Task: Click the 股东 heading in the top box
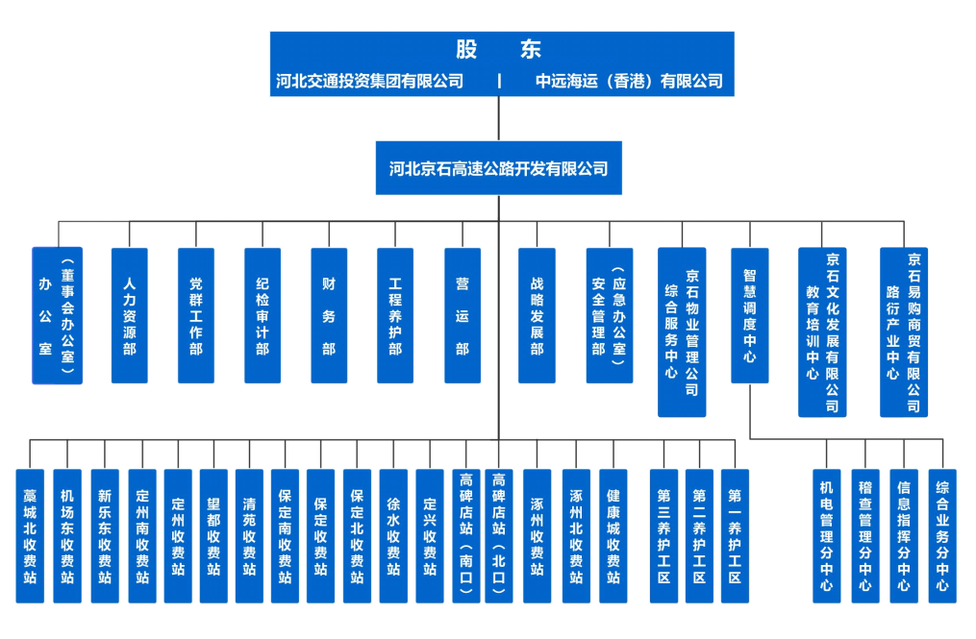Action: pyautogui.click(x=499, y=50)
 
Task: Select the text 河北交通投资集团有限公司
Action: pyautogui.click(x=370, y=81)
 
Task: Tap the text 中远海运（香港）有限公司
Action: pyautogui.click(x=629, y=81)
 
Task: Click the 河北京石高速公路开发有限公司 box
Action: pyautogui.click(x=499, y=168)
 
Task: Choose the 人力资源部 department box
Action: pyautogui.click(x=130, y=315)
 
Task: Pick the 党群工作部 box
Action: pyautogui.click(x=196, y=315)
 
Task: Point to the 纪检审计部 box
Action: pyautogui.click(x=263, y=315)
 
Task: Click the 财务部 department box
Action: pyautogui.click(x=329, y=315)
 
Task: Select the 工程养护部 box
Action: pyautogui.click(x=395, y=315)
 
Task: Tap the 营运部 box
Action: pyautogui.click(x=463, y=315)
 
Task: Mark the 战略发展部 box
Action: pyautogui.click(x=537, y=315)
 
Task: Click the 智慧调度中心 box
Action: pyautogui.click(x=750, y=315)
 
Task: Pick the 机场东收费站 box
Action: pyautogui.click(x=67, y=535)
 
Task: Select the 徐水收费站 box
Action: pyautogui.click(x=392, y=535)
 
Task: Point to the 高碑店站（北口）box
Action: pyautogui.click(x=499, y=535)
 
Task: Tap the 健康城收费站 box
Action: pyautogui.click(x=613, y=535)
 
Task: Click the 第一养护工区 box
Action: pyautogui.click(x=735, y=535)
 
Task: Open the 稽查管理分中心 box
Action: pyautogui.click(x=865, y=535)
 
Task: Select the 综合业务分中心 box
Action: pyautogui.click(x=942, y=535)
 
